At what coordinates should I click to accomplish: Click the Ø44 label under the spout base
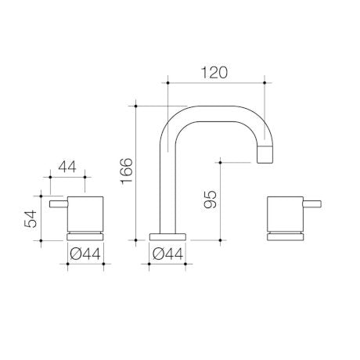pos(168,254)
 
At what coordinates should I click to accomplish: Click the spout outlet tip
pos(266,155)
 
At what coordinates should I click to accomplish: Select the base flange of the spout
pos(168,236)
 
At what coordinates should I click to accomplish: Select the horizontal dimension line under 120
pos(216,81)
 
